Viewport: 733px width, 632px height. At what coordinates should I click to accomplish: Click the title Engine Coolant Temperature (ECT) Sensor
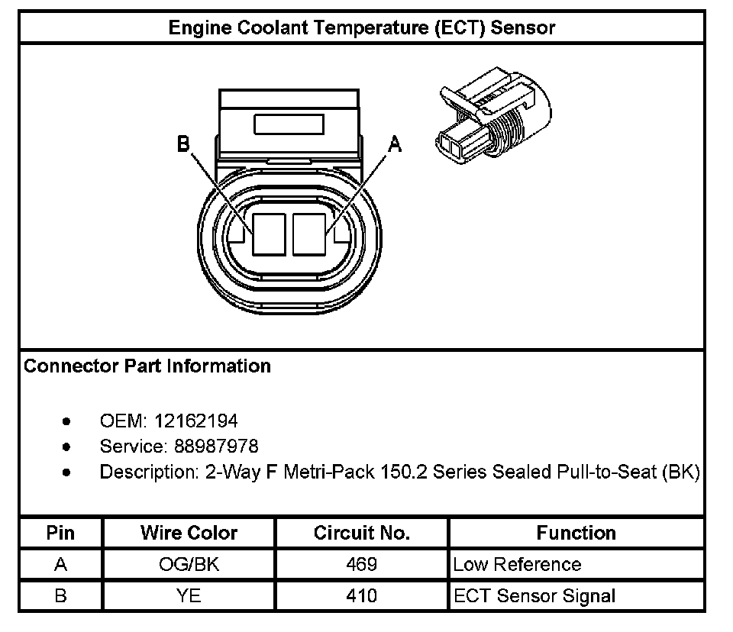[361, 28]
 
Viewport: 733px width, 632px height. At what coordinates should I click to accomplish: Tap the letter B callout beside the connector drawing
[183, 144]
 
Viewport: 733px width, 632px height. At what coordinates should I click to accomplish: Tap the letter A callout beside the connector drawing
[395, 143]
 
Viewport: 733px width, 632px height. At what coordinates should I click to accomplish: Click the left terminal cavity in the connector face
[268, 234]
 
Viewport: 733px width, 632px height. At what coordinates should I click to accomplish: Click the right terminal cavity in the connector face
[308, 234]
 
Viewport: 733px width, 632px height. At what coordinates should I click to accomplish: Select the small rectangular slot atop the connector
[289, 124]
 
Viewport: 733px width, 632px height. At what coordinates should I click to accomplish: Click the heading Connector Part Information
[147, 366]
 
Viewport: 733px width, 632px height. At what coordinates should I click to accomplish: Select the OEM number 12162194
[195, 421]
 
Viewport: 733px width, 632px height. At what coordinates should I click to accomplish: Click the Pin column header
[60, 533]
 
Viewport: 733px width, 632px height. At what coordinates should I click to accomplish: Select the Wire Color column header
[189, 533]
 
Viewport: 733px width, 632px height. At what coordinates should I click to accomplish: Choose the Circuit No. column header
[361, 533]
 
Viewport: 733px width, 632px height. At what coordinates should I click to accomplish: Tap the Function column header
[576, 533]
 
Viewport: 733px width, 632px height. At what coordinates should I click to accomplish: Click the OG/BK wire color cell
[189, 565]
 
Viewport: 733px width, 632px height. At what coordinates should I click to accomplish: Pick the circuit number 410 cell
[361, 595]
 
